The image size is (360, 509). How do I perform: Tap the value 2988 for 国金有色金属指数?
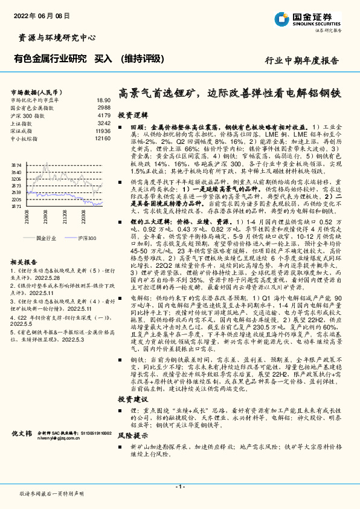pos(104,108)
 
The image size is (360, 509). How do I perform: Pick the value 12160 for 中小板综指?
pos(103,138)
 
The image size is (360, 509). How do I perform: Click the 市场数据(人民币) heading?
pos(31,91)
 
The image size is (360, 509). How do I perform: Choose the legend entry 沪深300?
pos(85,238)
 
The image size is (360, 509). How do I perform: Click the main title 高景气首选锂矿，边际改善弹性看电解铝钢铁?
pos(230,95)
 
